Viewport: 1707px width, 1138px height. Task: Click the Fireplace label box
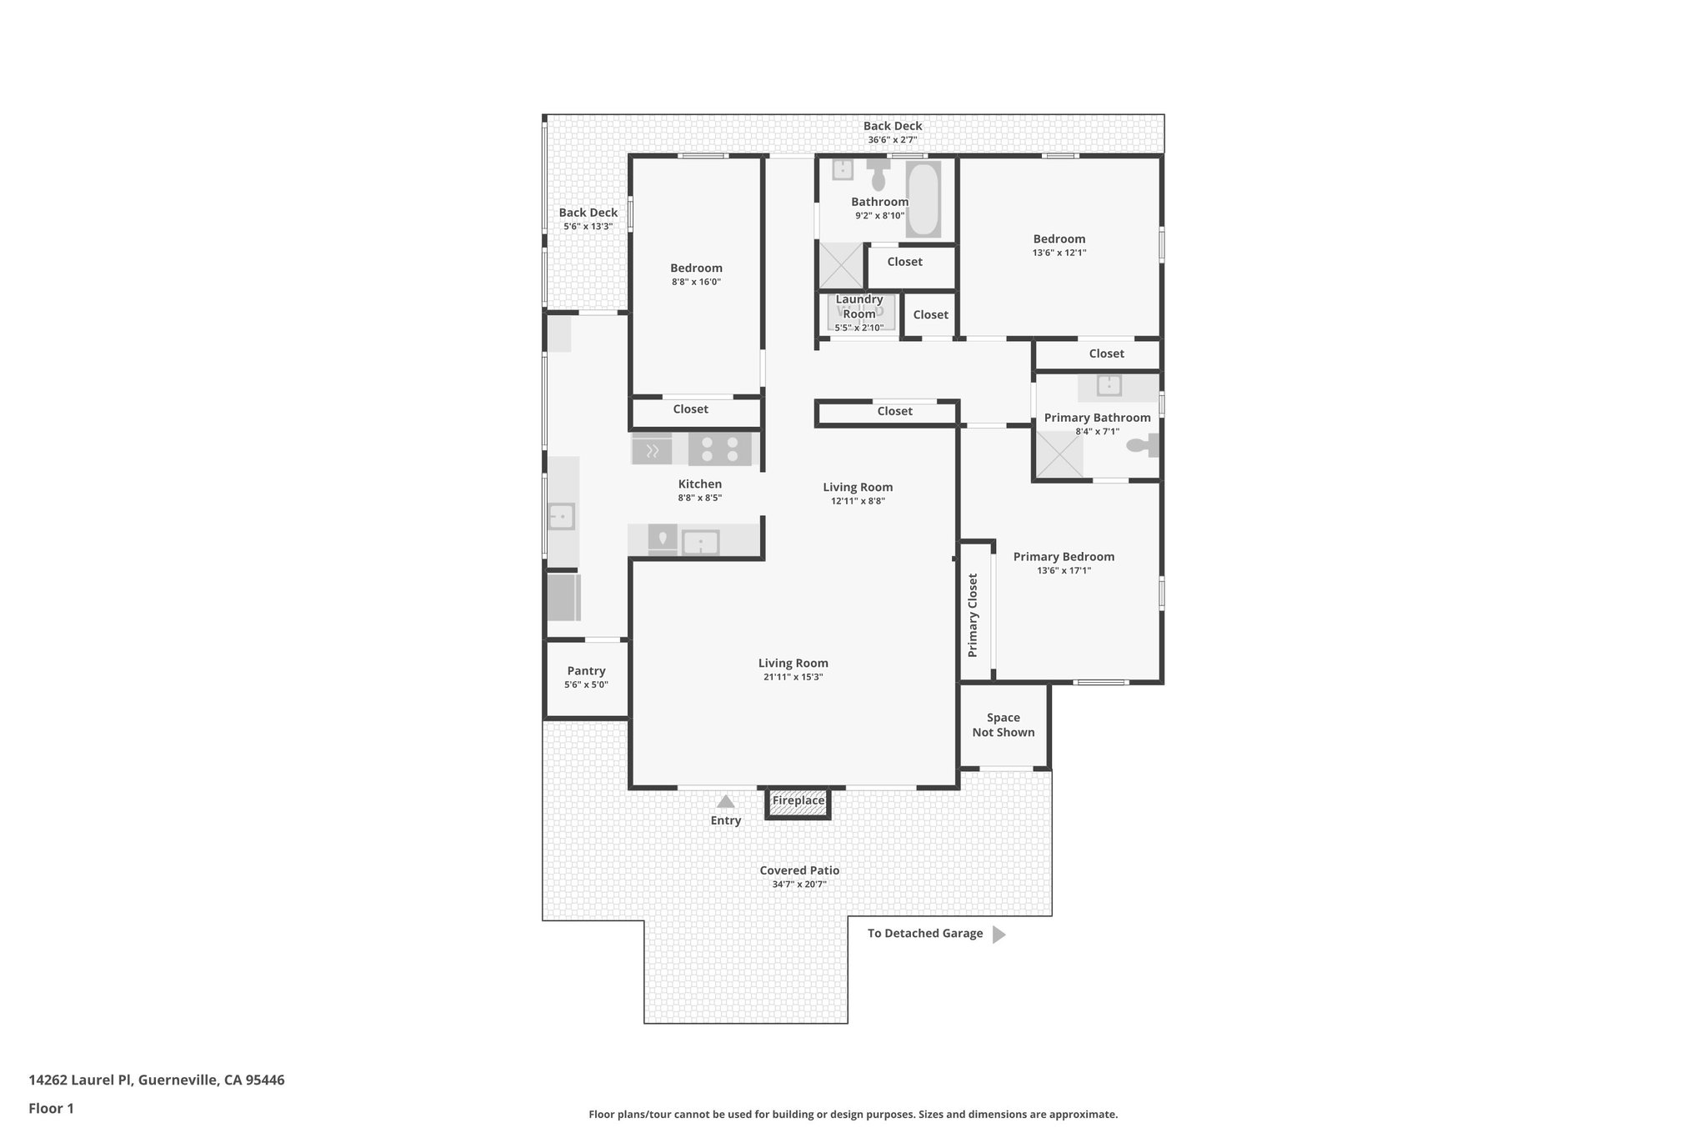(798, 801)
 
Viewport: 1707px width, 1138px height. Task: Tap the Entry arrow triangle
(726, 802)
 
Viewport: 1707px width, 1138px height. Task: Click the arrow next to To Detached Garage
(999, 935)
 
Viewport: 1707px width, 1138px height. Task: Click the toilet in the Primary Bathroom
(1140, 446)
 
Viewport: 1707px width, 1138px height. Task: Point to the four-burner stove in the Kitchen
(719, 449)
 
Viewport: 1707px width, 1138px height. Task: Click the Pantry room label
(586, 671)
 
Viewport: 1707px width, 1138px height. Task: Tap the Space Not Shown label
(1003, 724)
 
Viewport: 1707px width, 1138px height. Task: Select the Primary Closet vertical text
(973, 615)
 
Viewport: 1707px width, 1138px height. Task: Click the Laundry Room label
(859, 306)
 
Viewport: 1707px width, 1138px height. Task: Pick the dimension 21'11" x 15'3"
(793, 677)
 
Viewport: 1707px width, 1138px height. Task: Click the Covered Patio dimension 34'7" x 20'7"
(798, 885)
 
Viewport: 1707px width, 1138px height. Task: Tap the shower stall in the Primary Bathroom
(1059, 455)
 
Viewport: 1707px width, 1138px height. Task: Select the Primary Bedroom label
(1064, 557)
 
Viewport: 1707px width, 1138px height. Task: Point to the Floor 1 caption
(51, 1109)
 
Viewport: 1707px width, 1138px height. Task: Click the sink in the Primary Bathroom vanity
(1109, 386)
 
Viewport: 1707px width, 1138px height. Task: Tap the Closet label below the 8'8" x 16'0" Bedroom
(690, 409)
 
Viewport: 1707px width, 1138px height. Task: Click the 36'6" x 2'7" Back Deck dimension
(892, 140)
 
